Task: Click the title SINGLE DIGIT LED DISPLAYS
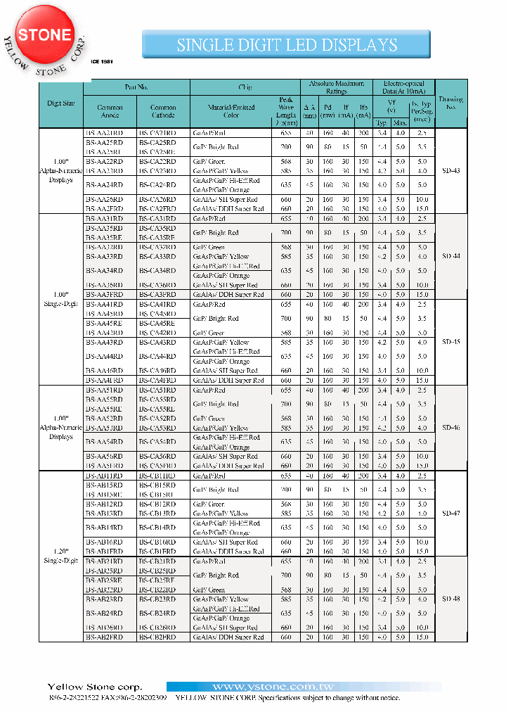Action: coord(287,45)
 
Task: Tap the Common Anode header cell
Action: coord(110,111)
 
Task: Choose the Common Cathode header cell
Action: coord(163,111)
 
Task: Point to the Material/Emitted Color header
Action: coord(231,111)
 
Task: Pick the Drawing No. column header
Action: coord(450,103)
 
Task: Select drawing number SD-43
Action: coord(451,171)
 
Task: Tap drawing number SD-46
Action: coord(451,428)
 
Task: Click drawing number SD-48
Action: coord(451,599)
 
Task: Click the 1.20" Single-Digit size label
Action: coord(61,556)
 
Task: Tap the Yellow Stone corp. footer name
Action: coord(95,687)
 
